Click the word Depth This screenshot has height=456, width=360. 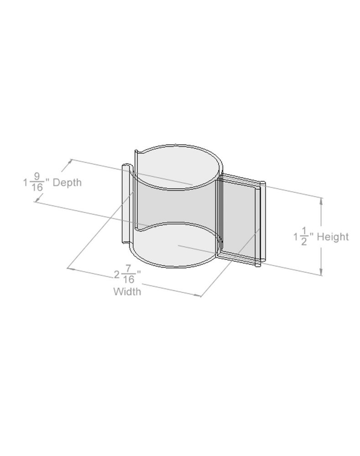coord(67,182)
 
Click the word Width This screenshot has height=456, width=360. coord(127,291)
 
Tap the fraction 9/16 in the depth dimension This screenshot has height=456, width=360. coord(37,182)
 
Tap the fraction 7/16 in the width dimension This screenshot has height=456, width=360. coord(128,274)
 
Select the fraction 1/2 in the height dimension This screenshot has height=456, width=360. coord(304,237)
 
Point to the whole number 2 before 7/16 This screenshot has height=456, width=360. coord(117,275)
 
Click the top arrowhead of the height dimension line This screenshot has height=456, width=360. coord(321,201)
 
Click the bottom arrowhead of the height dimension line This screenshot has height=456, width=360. coord(321,272)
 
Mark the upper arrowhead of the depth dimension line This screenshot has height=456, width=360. coord(69,162)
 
